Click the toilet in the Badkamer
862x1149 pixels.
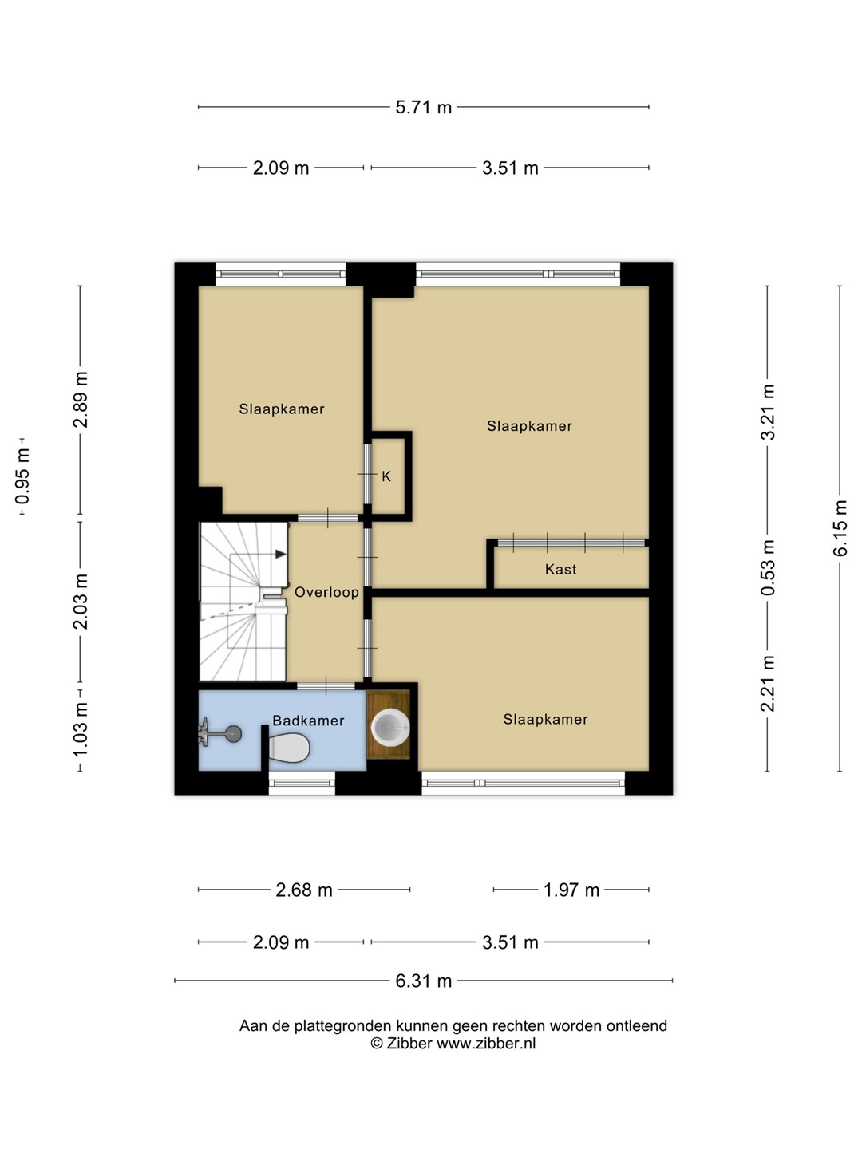coord(288,748)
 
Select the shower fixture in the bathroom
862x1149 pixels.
coord(219,732)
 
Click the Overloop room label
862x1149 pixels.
coord(326,592)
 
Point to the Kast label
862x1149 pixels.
coord(560,570)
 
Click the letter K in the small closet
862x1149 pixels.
coord(386,476)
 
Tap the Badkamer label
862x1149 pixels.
coord(308,721)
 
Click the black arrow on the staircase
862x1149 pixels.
coord(280,554)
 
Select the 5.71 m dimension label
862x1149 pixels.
coord(423,107)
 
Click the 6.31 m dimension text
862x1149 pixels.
coord(423,981)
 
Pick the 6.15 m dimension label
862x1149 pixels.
coord(840,528)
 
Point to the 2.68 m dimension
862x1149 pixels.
coord(304,890)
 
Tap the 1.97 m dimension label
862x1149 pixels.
coord(571,890)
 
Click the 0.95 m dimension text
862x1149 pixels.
coord(22,476)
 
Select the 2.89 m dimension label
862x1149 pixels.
coord(81,400)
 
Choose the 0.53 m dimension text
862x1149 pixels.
coord(768,568)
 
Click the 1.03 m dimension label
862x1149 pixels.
coord(81,729)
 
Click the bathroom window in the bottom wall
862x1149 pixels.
coord(302,783)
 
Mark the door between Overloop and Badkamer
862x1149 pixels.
coord(326,685)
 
